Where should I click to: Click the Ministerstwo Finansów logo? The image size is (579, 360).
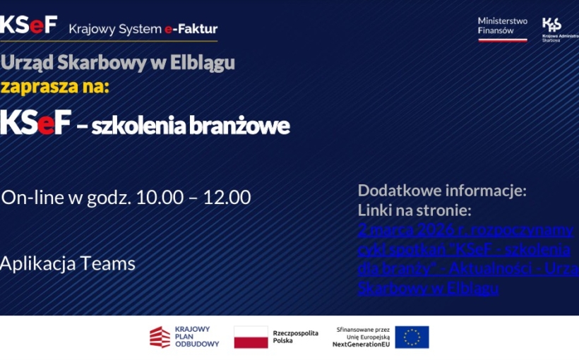point(502,28)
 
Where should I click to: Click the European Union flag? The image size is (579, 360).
point(412,337)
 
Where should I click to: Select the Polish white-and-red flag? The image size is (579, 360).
point(251,337)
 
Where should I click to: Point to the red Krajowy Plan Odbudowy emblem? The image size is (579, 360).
point(160,337)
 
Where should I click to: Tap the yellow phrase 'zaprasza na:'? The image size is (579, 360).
point(55,87)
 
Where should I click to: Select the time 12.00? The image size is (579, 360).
point(227,198)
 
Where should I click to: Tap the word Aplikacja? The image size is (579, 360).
point(37,264)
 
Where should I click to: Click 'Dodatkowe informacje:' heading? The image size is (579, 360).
point(442,190)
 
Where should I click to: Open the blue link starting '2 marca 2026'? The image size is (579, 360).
point(465,229)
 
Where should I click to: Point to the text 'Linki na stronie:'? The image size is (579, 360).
point(414,210)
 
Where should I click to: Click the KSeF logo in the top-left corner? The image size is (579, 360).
point(28,25)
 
